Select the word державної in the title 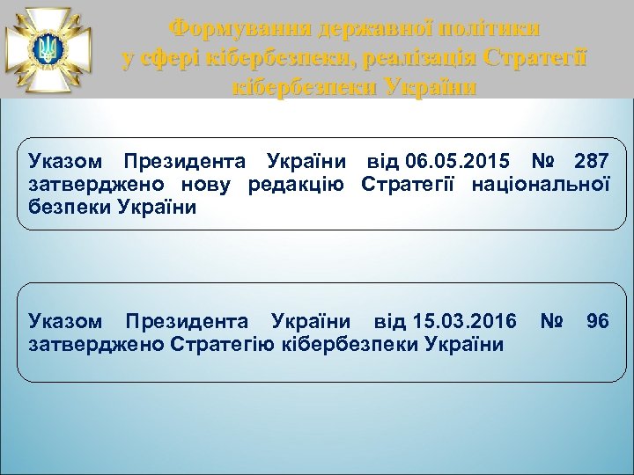pos(352,27)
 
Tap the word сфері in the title pos(172,58)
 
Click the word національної pos(542,185)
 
